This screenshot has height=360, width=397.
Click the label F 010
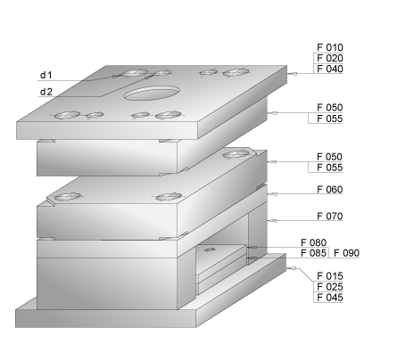(x=330, y=47)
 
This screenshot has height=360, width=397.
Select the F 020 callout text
(x=330, y=58)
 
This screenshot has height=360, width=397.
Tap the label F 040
(x=330, y=69)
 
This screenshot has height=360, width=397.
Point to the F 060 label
(x=330, y=189)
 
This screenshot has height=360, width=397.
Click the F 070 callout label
(x=330, y=216)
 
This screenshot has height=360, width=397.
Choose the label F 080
(x=314, y=242)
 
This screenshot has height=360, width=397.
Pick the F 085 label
(x=314, y=253)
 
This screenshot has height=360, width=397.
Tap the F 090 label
(x=346, y=253)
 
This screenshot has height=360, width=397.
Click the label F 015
(x=330, y=276)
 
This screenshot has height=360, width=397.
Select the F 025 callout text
(x=330, y=287)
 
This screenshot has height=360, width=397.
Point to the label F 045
(x=330, y=297)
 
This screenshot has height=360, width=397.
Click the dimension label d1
(x=46, y=75)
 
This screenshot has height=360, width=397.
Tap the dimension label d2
(x=46, y=92)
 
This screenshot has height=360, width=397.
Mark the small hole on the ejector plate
(x=210, y=250)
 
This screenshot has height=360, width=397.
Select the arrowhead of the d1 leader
(x=117, y=76)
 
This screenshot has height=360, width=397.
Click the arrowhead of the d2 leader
(x=148, y=78)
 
